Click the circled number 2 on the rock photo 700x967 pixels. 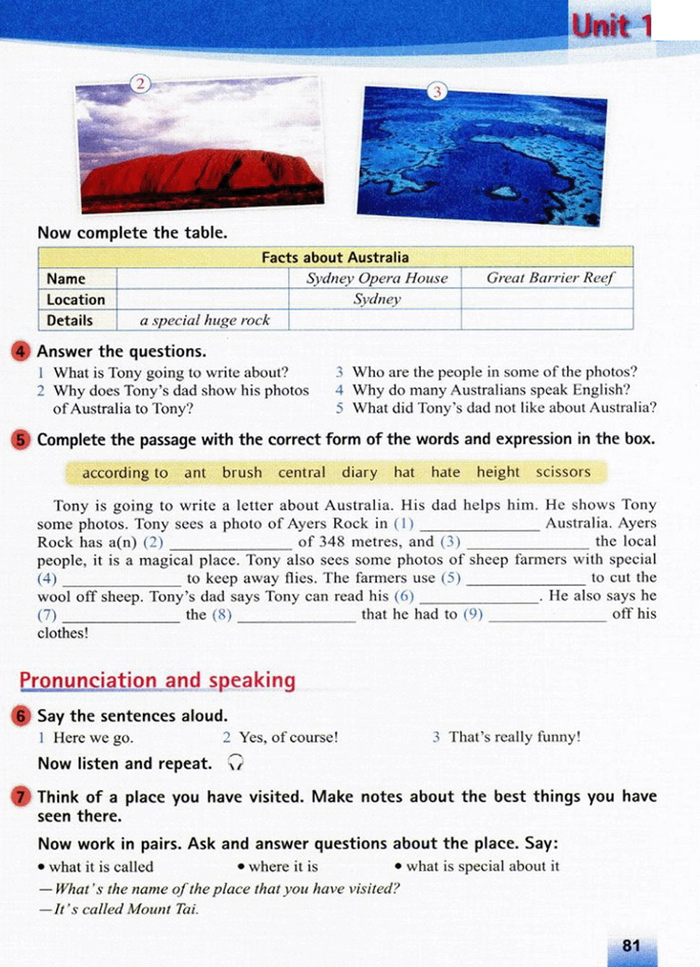(x=140, y=84)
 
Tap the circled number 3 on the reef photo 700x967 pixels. (x=437, y=92)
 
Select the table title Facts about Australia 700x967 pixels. (x=335, y=258)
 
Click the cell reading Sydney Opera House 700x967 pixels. (x=377, y=278)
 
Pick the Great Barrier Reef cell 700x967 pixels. (x=550, y=277)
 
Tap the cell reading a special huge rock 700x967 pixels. (x=204, y=320)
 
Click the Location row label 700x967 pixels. (x=76, y=299)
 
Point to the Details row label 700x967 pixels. (x=70, y=320)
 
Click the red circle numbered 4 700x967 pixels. (x=21, y=351)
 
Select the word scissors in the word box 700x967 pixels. (x=563, y=472)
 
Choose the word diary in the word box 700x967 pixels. (x=360, y=472)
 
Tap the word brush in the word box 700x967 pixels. (x=242, y=472)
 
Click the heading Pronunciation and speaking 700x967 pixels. (x=157, y=681)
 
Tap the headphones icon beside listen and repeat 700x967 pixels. (x=236, y=763)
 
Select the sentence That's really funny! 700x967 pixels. (x=514, y=737)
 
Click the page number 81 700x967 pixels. (x=631, y=945)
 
